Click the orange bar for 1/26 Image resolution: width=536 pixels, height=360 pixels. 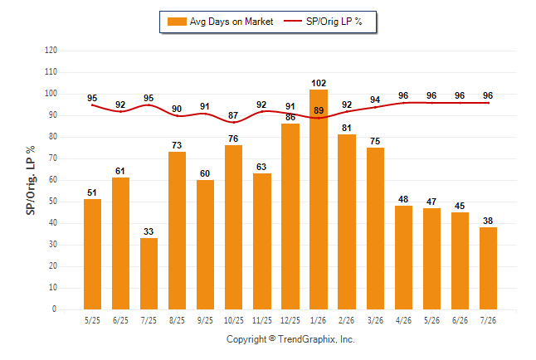[x=319, y=199]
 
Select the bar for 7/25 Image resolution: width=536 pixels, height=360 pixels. [x=149, y=274]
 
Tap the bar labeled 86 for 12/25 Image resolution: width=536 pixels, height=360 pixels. [x=290, y=216]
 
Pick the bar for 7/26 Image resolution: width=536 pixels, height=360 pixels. [x=488, y=269]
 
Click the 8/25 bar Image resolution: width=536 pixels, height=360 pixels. [x=177, y=231]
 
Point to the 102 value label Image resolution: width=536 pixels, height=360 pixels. [x=319, y=83]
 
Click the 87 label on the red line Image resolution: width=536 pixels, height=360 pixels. [x=233, y=115]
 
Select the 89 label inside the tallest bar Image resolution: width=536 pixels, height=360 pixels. [x=319, y=110]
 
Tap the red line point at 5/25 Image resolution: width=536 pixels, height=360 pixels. [x=92, y=105]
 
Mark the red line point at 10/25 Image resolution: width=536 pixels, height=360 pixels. [x=234, y=122]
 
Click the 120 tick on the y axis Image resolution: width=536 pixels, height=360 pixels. [x=51, y=51]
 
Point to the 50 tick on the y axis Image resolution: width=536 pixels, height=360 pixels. [x=52, y=202]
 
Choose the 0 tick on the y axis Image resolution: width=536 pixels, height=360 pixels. [x=54, y=309]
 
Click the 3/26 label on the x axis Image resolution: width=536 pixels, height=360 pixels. [x=375, y=320]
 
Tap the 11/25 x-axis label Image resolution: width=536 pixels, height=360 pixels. [x=262, y=320]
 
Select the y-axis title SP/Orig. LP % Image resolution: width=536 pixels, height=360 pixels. [x=31, y=180]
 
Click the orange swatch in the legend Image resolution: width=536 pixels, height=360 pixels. [x=177, y=22]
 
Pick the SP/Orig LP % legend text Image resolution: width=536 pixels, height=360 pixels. [x=334, y=22]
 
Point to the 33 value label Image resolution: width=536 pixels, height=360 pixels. [x=149, y=231]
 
